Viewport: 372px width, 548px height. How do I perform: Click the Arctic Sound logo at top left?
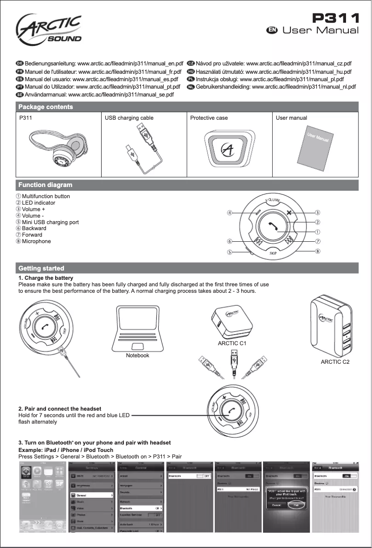[49, 29]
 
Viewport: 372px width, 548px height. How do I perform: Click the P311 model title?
[335, 17]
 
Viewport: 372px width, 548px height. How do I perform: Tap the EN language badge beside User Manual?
[272, 30]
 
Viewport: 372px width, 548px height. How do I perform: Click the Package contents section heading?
[45, 107]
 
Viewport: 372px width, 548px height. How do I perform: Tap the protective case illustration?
[229, 149]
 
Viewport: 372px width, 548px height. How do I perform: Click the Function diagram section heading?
[45, 185]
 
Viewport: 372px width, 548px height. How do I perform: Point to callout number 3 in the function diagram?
[318, 213]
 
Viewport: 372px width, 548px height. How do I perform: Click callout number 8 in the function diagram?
[318, 251]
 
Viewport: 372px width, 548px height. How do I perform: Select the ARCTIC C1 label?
[231, 343]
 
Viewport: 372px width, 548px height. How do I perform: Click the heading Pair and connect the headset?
[59, 409]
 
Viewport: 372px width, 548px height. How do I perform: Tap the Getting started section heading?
[41, 269]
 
